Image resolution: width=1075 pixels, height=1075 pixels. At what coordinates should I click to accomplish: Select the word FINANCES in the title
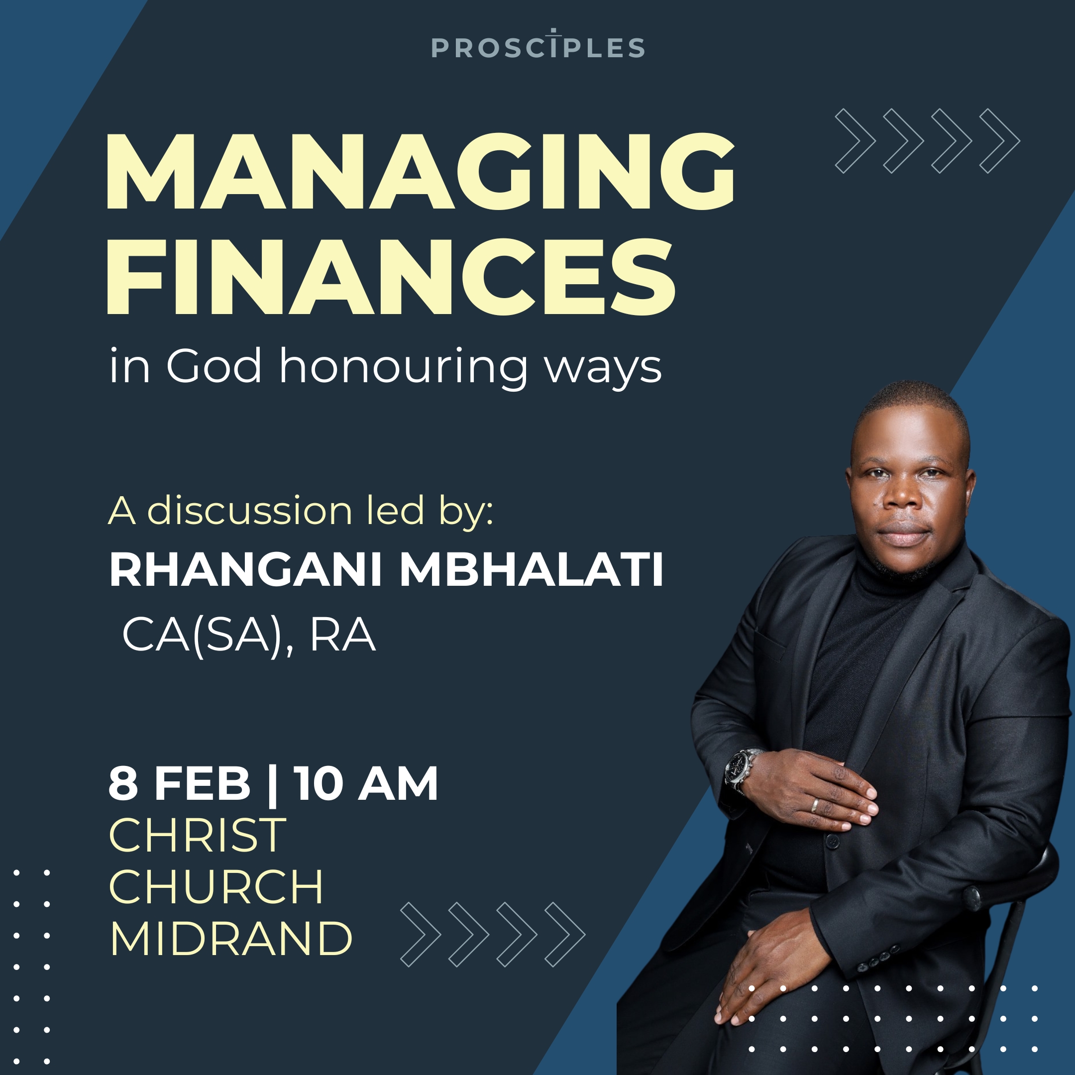click(391, 277)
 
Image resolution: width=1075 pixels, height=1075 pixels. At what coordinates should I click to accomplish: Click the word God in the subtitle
click(214, 366)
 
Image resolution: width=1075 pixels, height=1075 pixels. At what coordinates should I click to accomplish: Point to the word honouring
click(404, 367)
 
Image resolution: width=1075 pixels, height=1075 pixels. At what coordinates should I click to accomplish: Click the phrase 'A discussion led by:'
click(301, 511)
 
